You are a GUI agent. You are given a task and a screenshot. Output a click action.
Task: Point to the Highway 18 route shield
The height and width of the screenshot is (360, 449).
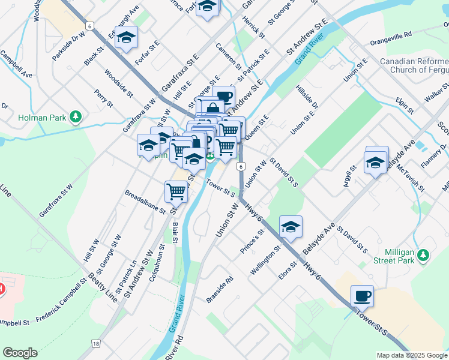point(95,343)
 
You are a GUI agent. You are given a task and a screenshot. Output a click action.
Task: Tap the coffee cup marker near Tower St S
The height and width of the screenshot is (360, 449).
point(362,296)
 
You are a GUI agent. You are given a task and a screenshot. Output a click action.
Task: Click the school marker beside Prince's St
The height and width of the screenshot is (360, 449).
point(291,227)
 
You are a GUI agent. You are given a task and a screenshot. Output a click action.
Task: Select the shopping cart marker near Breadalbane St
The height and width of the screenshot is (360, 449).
point(176,191)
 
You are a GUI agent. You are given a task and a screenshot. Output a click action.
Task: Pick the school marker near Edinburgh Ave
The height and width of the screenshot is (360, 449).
point(126,37)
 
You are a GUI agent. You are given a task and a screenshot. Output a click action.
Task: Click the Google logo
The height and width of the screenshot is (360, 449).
point(20,353)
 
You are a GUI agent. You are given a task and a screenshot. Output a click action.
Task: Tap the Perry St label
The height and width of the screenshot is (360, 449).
point(103,98)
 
